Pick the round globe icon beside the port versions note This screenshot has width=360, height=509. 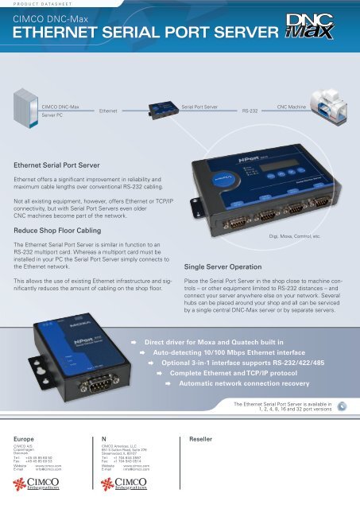tap(340, 406)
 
